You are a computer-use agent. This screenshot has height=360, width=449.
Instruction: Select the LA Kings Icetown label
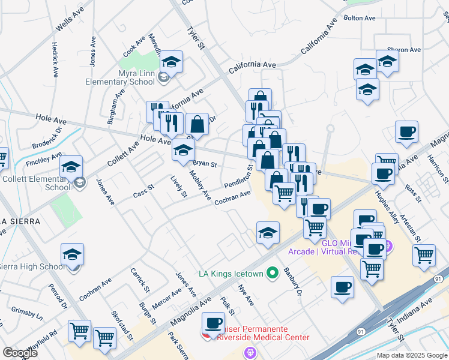coord(231,274)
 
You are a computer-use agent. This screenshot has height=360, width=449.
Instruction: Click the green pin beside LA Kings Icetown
coord(273,274)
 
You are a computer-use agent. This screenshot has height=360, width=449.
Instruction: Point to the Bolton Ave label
coord(360,18)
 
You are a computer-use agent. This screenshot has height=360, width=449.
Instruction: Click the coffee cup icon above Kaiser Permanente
coord(213,324)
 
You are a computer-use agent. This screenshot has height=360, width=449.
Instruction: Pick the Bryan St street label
coord(204,163)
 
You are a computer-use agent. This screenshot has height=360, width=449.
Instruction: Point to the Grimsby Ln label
coord(27,314)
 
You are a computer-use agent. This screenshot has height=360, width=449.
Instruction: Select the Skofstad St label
coord(122,325)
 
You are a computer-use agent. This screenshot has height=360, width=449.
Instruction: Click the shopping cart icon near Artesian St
coord(424,254)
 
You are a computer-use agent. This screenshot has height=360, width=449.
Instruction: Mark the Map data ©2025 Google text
coord(411,355)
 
